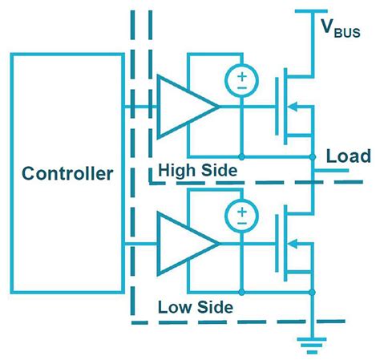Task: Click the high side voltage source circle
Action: tap(240, 79)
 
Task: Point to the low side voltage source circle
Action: tap(240, 216)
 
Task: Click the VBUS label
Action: tap(341, 30)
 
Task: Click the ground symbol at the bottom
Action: tap(310, 346)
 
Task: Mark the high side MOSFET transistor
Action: tap(293, 105)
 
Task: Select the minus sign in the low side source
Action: tap(240, 223)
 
